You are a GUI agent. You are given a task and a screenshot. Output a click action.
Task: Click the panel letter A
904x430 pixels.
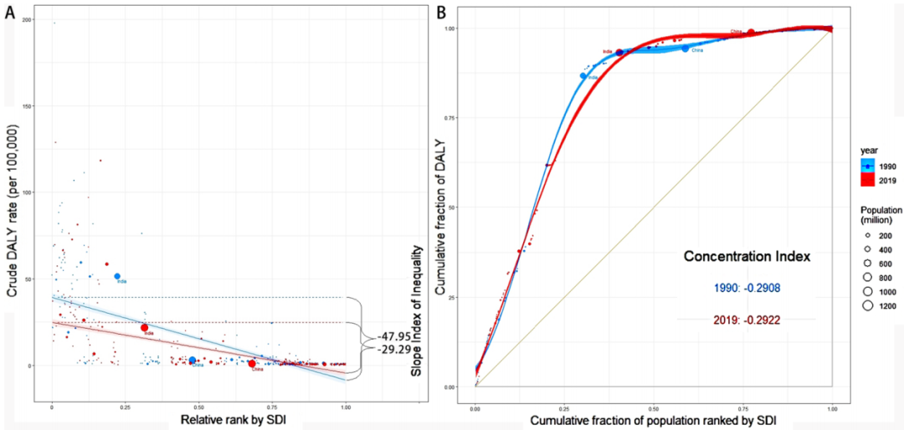(x=11, y=10)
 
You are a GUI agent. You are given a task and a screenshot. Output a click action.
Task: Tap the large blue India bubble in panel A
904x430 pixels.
(x=118, y=276)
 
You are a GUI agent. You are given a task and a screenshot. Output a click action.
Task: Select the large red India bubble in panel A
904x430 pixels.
(x=144, y=328)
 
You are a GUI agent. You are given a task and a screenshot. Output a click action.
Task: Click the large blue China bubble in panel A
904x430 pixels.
(x=193, y=361)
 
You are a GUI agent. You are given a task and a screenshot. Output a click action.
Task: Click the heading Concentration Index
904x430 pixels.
(x=747, y=257)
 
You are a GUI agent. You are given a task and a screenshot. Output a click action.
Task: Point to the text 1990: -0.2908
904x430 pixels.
(x=745, y=289)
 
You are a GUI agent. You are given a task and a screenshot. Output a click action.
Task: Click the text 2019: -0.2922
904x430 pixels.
(x=745, y=320)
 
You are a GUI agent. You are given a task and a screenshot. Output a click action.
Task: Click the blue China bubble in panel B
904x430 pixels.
(x=685, y=49)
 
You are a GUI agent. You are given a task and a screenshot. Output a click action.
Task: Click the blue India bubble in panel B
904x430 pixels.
(x=583, y=76)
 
